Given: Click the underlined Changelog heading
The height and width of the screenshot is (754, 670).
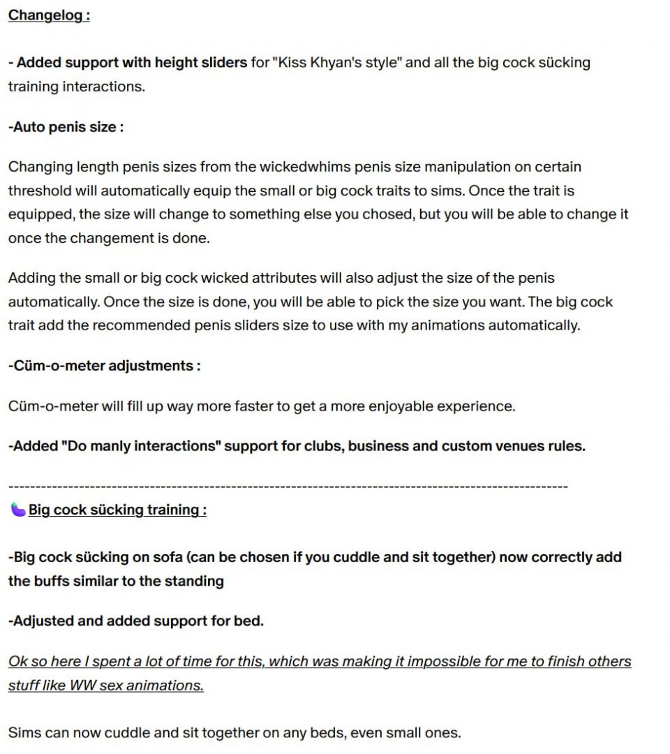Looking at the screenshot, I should pos(49,15).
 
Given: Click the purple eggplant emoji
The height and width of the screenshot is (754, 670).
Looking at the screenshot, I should pos(17,510).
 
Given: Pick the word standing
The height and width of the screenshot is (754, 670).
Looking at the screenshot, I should pos(194,582).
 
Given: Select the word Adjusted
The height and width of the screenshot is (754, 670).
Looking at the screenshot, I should pos(42,621).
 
